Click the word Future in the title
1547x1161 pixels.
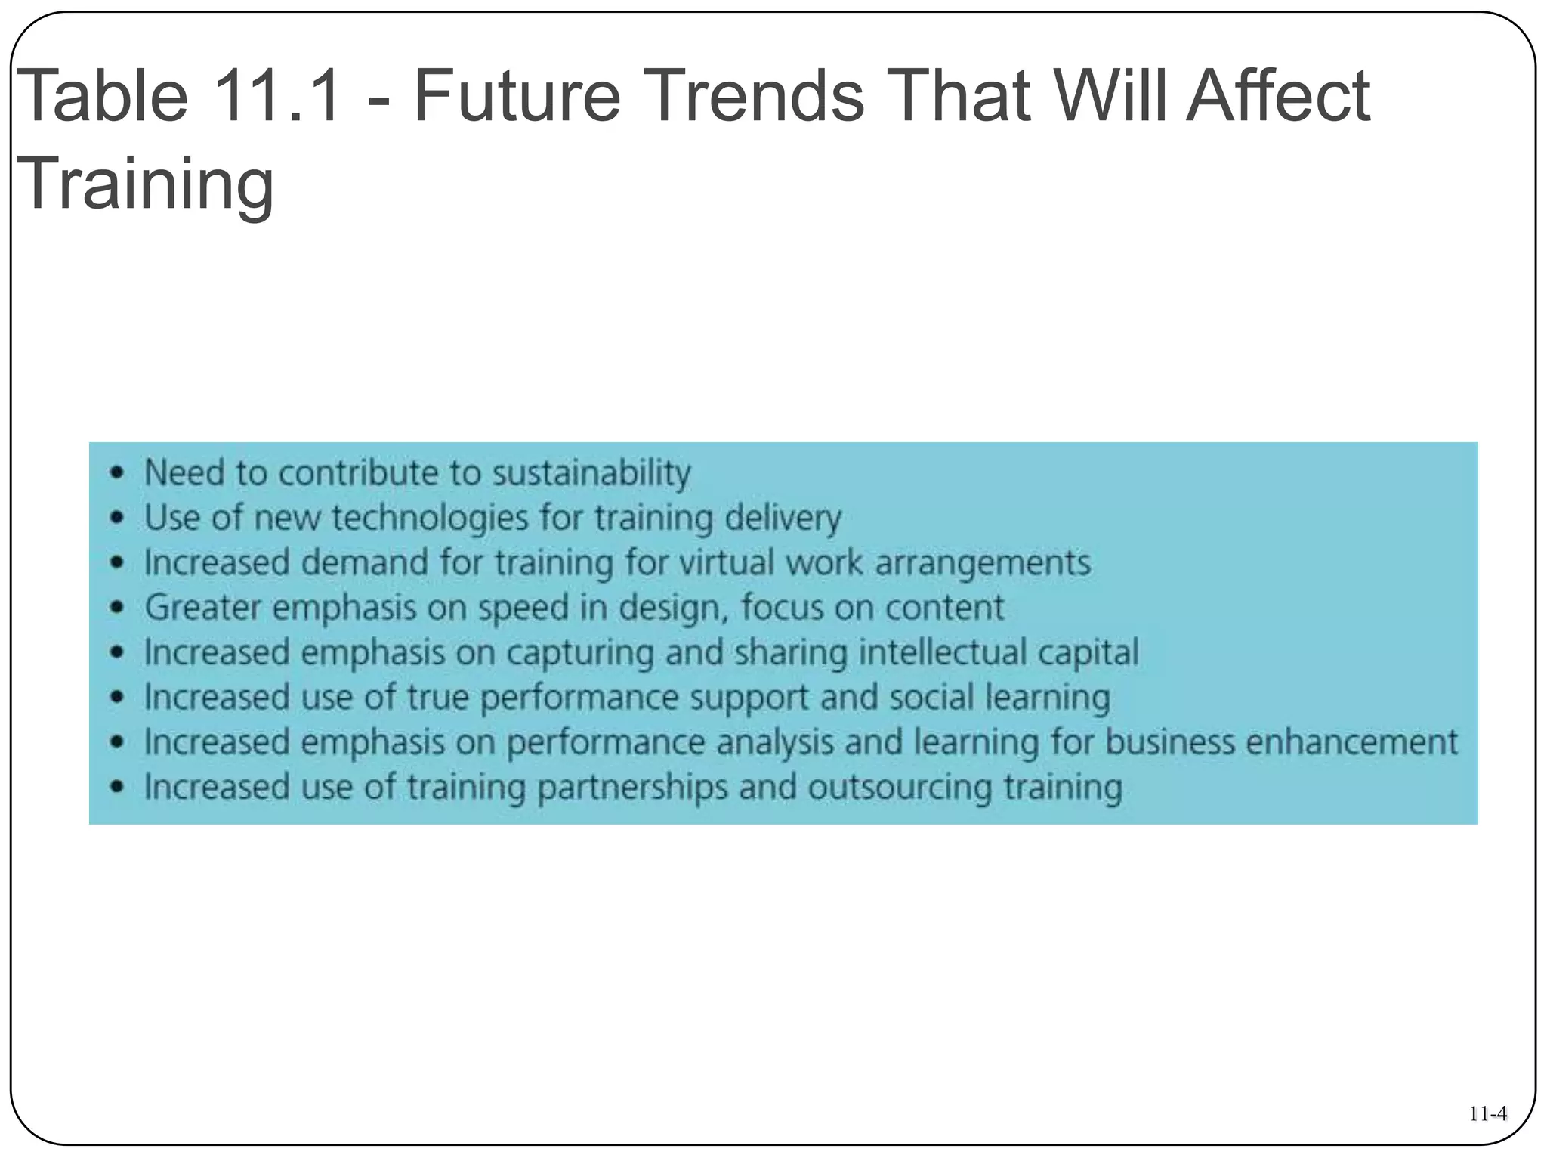point(517,97)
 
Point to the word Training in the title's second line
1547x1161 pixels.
point(144,184)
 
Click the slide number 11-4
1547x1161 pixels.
point(1488,1114)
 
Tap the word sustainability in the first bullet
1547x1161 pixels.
point(591,473)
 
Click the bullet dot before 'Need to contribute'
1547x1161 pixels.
point(116,474)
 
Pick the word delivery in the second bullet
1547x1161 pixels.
point(783,519)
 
